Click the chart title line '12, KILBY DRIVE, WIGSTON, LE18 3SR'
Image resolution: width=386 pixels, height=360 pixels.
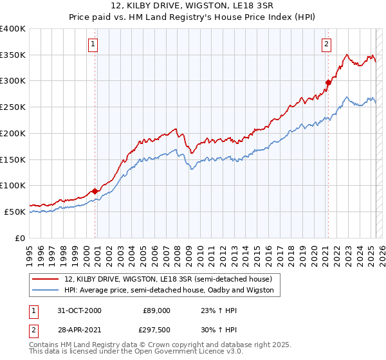192,6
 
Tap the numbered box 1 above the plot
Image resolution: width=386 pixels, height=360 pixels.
93,44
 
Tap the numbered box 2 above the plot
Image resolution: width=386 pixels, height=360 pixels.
327,44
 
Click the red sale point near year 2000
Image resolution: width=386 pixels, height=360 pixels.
95,191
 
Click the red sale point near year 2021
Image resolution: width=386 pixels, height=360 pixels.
328,82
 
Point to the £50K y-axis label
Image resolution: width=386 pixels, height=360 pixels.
14,212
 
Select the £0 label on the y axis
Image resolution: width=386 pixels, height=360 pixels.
19,238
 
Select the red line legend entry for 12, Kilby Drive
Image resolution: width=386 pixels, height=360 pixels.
169,279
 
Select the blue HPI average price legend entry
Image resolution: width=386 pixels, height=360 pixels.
169,290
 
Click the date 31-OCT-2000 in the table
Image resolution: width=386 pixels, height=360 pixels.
79,310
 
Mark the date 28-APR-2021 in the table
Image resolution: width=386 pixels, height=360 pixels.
79,329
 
